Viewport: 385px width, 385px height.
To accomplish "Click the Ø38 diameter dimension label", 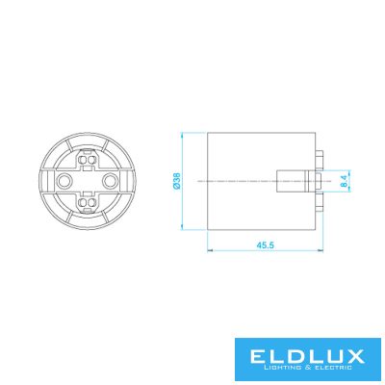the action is (x=176, y=181).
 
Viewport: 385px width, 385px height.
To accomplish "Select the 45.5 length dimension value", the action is (x=265, y=245).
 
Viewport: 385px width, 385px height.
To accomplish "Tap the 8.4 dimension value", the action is (x=344, y=181).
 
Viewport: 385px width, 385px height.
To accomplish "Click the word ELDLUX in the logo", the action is (x=307, y=356).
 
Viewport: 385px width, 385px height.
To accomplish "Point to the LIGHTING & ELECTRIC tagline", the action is (x=307, y=368).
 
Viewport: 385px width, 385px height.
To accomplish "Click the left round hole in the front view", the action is (x=64, y=181).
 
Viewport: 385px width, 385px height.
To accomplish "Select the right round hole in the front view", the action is (x=109, y=181).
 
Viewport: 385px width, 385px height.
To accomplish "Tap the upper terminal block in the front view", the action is (x=87, y=160).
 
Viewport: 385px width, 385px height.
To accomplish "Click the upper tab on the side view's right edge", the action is (x=319, y=159).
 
